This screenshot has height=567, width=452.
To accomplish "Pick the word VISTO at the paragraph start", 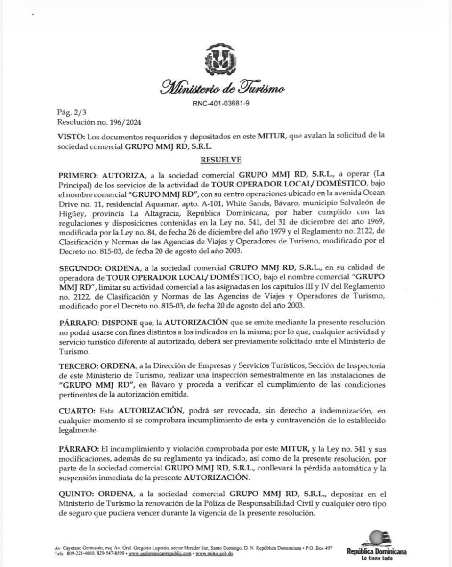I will pos(70,136).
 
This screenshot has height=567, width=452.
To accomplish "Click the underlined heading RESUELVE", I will pos(221,159).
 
